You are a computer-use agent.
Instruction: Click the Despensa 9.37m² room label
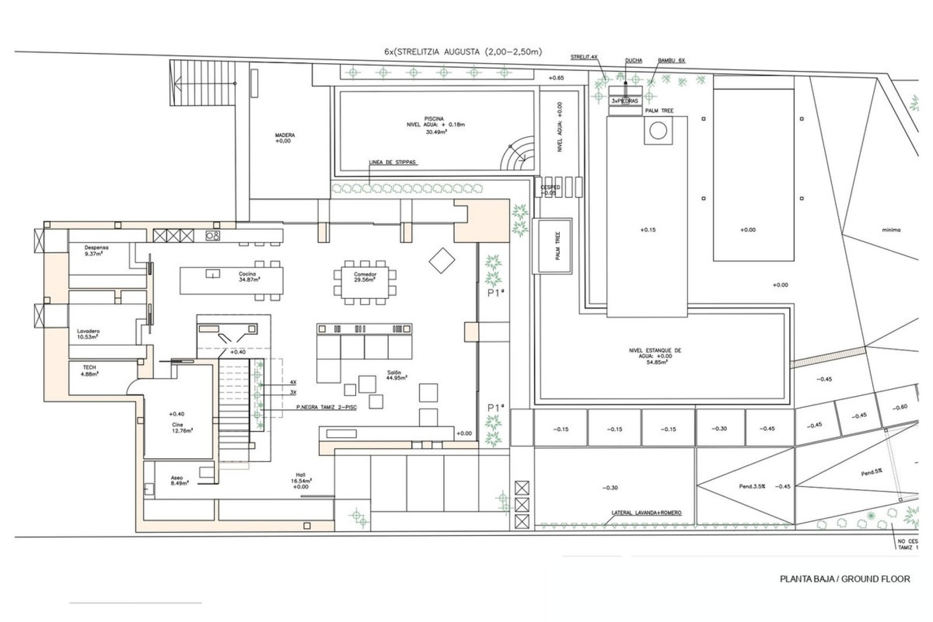(x=93, y=250)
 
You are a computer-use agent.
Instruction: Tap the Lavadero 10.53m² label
(x=88, y=334)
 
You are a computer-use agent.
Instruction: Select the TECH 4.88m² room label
(x=89, y=371)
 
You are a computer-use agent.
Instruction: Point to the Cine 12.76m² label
(x=177, y=427)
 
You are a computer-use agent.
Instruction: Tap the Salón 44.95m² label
(x=397, y=375)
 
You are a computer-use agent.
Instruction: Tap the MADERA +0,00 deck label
(x=284, y=138)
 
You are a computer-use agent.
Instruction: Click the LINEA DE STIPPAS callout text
(x=393, y=163)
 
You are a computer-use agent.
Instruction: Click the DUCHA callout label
(x=634, y=61)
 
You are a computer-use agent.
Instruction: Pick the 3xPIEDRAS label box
(x=625, y=101)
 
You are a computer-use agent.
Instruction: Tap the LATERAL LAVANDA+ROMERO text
(x=646, y=513)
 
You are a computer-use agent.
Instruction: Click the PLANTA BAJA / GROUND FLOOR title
(x=845, y=579)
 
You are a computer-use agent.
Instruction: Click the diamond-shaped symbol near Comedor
(x=442, y=261)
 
